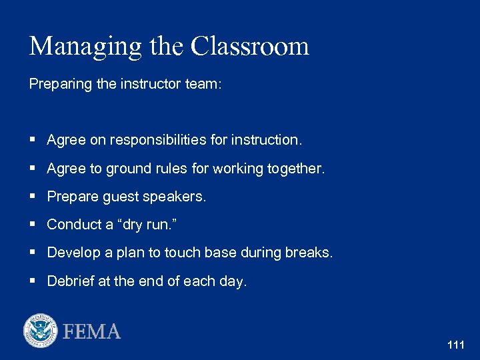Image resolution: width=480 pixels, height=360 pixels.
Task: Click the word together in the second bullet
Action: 296,169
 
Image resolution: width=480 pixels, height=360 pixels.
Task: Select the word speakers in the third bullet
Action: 179,197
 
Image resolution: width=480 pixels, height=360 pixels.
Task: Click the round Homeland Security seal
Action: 41,331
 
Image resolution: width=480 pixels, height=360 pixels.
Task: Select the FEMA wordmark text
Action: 92,331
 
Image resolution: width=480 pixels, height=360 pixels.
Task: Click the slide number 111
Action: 456,345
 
